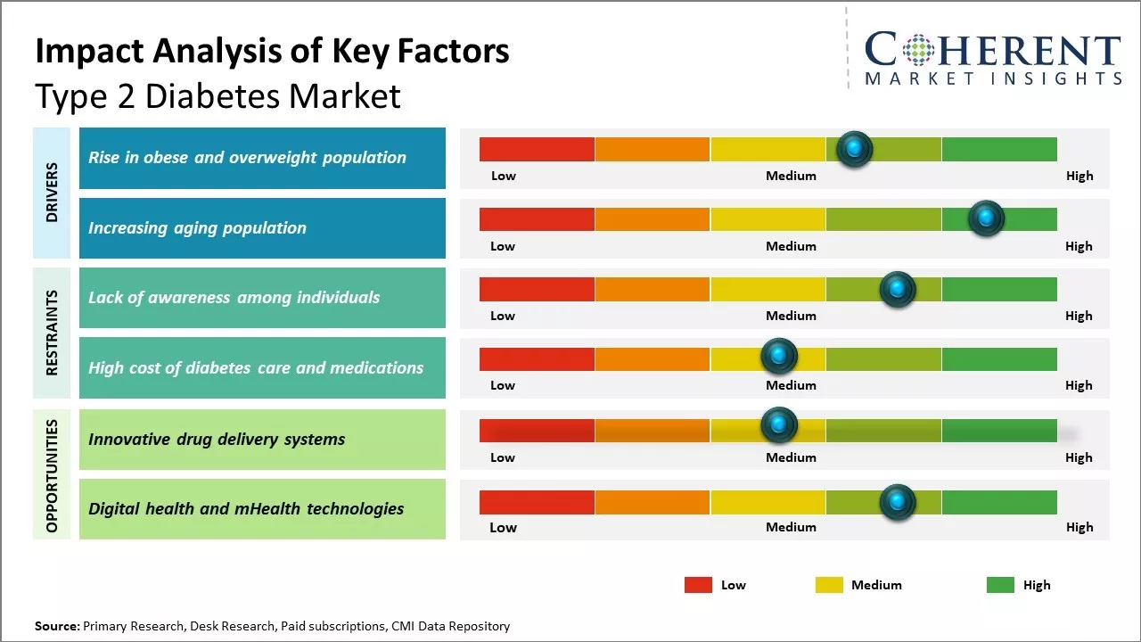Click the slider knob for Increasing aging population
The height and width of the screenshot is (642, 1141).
(x=986, y=218)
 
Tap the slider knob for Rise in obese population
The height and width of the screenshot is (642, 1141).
(x=855, y=149)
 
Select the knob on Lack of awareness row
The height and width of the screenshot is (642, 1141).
(x=898, y=289)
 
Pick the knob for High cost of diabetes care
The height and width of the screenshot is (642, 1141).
(x=779, y=357)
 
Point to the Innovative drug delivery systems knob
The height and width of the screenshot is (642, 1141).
(x=779, y=425)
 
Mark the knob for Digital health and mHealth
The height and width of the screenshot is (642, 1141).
(x=898, y=502)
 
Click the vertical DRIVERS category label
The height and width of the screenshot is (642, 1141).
(x=52, y=193)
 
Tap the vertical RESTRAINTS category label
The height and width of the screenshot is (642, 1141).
(x=52, y=333)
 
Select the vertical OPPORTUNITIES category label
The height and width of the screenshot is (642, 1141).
(x=52, y=475)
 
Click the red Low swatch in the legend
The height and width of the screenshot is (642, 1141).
(x=698, y=585)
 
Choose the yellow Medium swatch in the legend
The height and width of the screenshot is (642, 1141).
(x=829, y=585)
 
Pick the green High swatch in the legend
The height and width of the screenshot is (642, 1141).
(x=1000, y=585)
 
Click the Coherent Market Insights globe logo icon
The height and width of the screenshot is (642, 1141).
(x=917, y=50)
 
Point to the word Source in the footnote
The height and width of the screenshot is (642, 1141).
(x=57, y=626)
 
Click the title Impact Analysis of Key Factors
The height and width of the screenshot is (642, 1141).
(x=272, y=51)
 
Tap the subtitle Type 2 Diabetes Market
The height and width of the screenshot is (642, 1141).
(x=218, y=96)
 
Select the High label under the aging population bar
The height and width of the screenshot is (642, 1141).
(x=1079, y=246)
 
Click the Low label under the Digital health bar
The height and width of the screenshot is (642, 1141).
(x=503, y=527)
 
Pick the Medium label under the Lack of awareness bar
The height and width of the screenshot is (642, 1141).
(x=791, y=316)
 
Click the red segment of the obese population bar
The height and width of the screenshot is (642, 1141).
(x=537, y=149)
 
